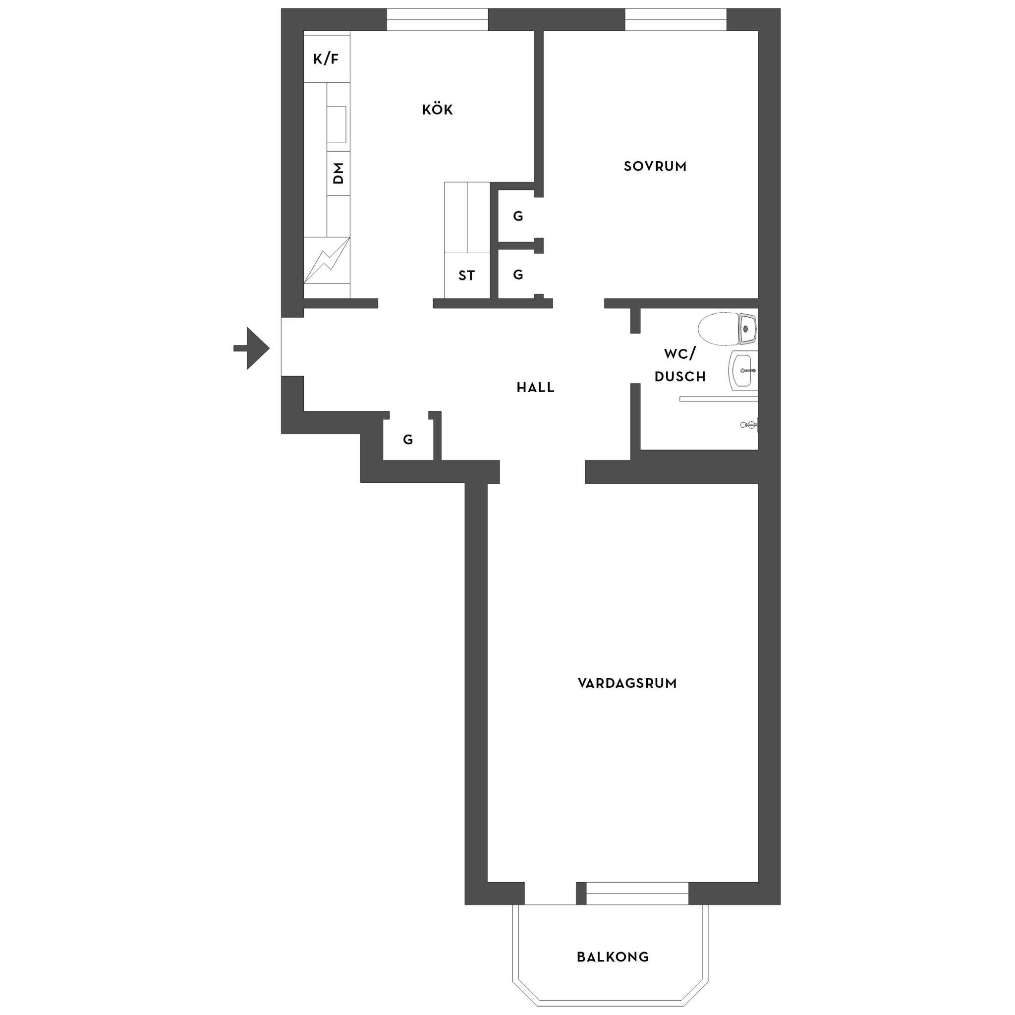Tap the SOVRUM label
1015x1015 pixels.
pos(655,167)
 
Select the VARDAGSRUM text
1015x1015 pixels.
pos(627,683)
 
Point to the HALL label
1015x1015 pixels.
pos(535,388)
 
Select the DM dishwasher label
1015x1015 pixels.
pos(338,173)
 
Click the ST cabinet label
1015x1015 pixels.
pos(466,275)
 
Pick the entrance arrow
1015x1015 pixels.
pos(252,348)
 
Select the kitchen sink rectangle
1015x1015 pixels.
pos(337,124)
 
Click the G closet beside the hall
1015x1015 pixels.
pos(408,440)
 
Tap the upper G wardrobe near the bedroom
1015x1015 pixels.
pos(518,216)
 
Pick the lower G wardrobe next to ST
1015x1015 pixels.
pos(518,274)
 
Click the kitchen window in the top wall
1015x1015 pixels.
pos(438,20)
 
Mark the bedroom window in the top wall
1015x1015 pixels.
pos(676,20)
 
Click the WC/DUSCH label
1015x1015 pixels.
pos(680,365)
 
